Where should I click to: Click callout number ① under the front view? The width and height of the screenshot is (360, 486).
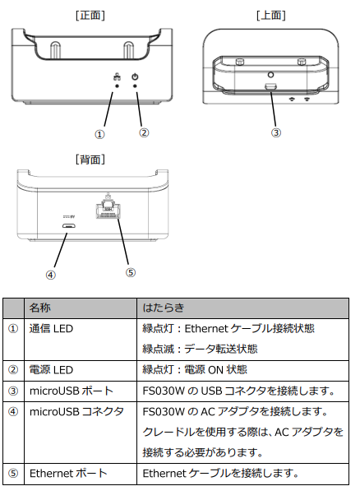point(99,132)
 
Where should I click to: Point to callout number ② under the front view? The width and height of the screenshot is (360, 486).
point(144,132)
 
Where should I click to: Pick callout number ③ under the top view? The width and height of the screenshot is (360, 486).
point(276,132)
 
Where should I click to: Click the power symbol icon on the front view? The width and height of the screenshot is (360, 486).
point(135,77)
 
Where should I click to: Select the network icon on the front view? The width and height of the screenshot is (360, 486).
point(115,77)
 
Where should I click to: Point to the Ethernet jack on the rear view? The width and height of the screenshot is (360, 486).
point(107,211)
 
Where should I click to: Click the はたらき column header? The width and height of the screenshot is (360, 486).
point(161,308)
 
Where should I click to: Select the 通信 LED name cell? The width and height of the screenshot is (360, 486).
point(51,328)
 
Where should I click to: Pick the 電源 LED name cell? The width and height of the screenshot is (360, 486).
point(51,369)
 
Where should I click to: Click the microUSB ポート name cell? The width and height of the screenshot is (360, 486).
point(68,390)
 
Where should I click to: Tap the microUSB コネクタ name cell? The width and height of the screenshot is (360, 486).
point(75,410)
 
